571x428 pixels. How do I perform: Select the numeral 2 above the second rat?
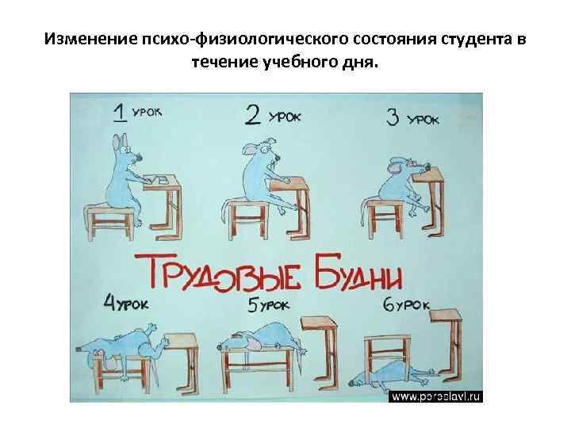coord(253,115)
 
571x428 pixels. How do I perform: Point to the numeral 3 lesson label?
coord(393,117)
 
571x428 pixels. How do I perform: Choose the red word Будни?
coord(358,273)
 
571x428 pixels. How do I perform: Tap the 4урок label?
coord(126,302)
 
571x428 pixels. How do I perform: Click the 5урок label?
coord(268,304)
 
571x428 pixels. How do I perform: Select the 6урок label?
coord(406,305)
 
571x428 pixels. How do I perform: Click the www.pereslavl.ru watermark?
coord(436,396)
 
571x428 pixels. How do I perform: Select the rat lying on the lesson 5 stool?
coord(261,337)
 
